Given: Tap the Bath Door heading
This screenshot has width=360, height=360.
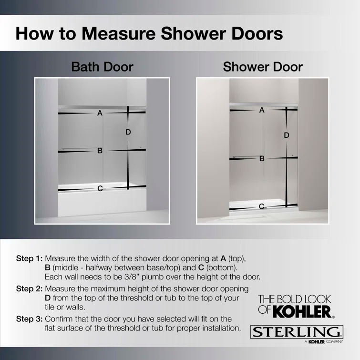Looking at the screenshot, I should pos(102,66).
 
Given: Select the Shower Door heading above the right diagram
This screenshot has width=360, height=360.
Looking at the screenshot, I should pos(262,66).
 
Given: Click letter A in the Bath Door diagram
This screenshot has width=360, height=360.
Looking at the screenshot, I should pos(100,113).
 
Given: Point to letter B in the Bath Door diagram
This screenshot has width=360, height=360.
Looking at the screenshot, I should pos(100,151).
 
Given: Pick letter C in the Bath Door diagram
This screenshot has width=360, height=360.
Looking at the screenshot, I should pos(100,189).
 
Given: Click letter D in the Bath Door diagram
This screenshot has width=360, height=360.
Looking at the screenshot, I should pos(128,132).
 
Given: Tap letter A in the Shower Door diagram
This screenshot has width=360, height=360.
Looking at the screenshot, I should pos(262,110).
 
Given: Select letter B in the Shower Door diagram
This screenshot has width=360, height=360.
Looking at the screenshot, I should pos(262,159).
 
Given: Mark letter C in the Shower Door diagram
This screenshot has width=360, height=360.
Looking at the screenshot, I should pos(262,206).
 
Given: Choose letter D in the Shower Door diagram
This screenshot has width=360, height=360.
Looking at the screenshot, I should pos(287,135).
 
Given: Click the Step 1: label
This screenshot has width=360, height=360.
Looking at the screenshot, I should pos(29,258).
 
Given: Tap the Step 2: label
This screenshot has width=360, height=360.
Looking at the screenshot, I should pos(29,289).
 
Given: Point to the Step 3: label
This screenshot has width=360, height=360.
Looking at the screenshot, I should pos(29,319).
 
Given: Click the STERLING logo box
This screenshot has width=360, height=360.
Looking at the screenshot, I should pos(297,332).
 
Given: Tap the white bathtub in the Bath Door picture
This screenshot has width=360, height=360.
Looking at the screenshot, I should pos(95,203).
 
